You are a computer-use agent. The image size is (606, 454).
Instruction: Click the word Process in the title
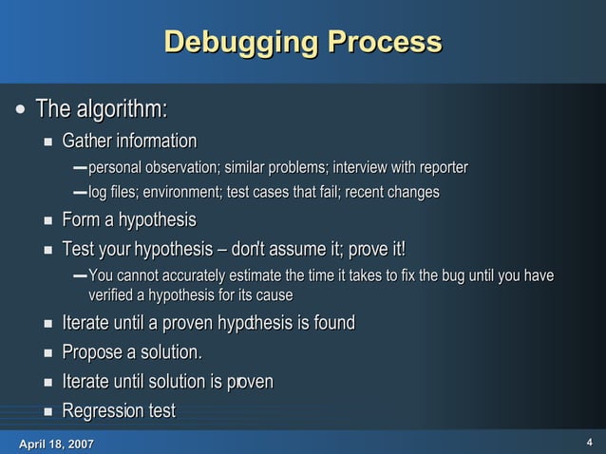(384, 43)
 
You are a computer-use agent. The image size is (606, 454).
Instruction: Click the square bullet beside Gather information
(48, 142)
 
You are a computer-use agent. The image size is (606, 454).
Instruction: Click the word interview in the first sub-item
(362, 168)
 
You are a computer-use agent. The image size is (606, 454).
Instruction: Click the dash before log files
(80, 193)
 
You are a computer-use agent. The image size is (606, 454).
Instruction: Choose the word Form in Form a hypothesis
(81, 220)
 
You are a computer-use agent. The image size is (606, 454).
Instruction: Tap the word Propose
(92, 352)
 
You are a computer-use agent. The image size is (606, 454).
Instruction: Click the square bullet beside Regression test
(48, 412)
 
